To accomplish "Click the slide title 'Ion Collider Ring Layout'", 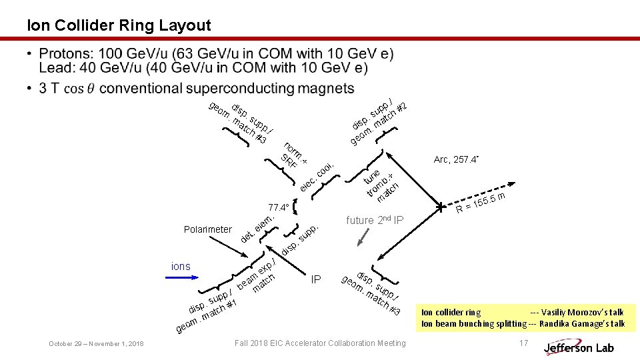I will coord(119,26).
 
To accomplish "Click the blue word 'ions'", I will coord(181,267).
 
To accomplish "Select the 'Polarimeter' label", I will coord(207,229).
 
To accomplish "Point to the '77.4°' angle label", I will coord(277,207).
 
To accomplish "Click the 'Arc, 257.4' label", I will coord(457,160).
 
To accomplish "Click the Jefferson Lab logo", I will coord(578,347).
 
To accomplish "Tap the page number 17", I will coord(523,343).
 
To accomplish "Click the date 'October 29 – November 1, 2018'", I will coord(96,343).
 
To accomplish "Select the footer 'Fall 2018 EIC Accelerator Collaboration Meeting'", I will coord(320,343).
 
